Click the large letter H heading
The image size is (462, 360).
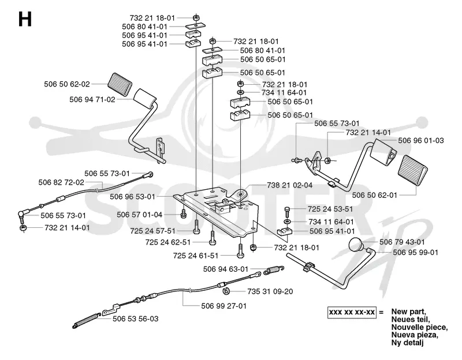coord(25,20)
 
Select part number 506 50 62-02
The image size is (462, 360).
coord(67,84)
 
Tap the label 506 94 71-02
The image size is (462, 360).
coord(92,99)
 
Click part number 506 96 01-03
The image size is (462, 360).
coord(421,140)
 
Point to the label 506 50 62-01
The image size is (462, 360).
coord(374,195)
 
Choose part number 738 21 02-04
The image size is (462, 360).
coord(290,185)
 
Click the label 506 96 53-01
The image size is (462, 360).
coord(132,196)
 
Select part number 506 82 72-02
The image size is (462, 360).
coord(61,182)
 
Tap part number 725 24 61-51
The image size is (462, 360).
coord(196,256)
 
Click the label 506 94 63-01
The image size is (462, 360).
coord(226,269)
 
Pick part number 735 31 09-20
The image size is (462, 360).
coord(270,291)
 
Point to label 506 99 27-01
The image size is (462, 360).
coord(223,306)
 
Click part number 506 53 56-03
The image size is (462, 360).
coord(135,319)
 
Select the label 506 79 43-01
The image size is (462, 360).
coord(402,242)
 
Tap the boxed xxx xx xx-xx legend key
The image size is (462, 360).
coord(352,312)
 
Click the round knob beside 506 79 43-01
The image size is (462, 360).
coord(356,244)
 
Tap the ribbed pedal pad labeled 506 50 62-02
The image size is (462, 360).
coord(120,84)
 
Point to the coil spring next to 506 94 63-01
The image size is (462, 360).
coord(274,270)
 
